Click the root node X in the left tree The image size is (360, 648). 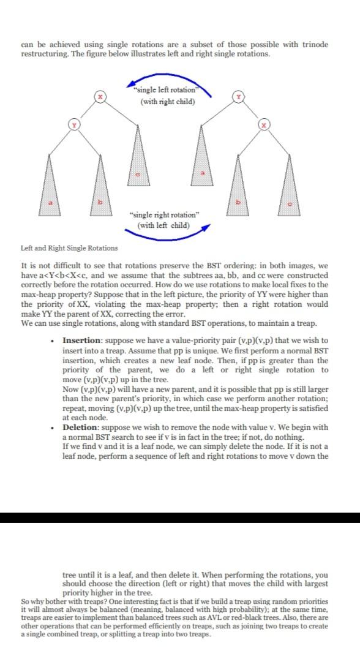pos(103,97)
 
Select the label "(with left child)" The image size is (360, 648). pos(164,225)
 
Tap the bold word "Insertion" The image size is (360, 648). pos(80,340)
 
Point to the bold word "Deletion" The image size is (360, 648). pos(80,427)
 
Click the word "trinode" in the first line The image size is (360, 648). pos(313,45)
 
